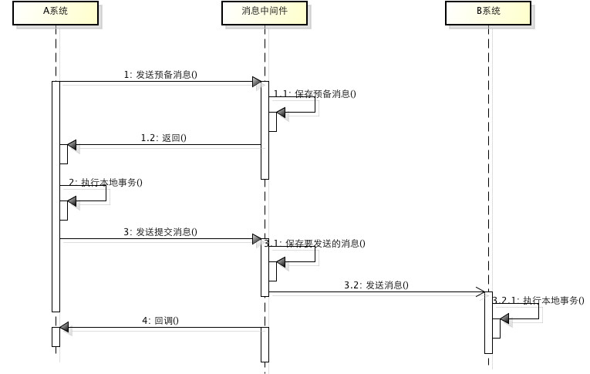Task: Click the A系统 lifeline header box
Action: [56, 12]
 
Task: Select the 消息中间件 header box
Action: [264, 12]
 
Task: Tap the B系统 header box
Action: [488, 12]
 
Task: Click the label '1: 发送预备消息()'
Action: [160, 75]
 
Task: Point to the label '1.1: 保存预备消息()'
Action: [315, 94]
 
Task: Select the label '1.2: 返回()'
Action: [164, 138]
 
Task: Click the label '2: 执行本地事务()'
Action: [106, 183]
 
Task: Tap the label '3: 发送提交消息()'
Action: [160, 231]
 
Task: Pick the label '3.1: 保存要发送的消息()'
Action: [315, 244]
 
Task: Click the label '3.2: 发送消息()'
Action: [376, 285]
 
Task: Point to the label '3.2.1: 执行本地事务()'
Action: [538, 301]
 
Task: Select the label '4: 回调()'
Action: [160, 320]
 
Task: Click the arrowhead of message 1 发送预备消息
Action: [256, 82]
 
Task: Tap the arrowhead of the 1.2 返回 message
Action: [72, 145]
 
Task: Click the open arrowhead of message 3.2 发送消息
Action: [480, 292]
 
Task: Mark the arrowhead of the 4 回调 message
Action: [65, 328]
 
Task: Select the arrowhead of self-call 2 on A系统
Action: [72, 201]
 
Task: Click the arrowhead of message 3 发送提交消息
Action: [256, 240]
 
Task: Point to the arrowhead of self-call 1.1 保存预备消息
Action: [281, 113]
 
